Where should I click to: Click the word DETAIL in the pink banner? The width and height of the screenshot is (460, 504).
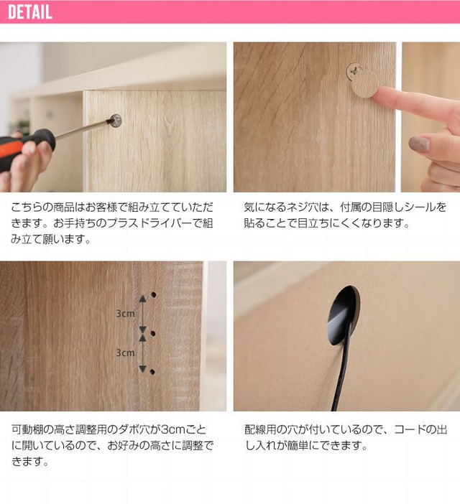click(x=30, y=12)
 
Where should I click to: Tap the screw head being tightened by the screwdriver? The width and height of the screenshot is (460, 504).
click(x=116, y=121)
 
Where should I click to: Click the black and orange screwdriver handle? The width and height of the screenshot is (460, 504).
click(x=26, y=148)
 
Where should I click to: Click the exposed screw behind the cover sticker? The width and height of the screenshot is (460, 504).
click(x=354, y=70)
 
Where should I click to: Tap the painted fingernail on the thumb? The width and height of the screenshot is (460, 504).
click(x=419, y=144)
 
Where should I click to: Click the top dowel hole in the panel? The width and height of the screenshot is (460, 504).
click(x=153, y=294)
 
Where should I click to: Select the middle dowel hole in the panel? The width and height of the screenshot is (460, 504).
click(x=153, y=333)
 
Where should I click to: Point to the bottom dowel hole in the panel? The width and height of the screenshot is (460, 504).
click(x=152, y=372)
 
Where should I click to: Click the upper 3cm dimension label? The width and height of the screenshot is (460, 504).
click(x=126, y=314)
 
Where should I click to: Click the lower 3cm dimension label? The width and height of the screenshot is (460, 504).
click(x=126, y=353)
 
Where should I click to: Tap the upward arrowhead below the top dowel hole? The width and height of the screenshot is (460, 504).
click(x=142, y=299)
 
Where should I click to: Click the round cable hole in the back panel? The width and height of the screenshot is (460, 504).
click(x=343, y=315)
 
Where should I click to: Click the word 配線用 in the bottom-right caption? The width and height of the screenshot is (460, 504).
click(x=260, y=430)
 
